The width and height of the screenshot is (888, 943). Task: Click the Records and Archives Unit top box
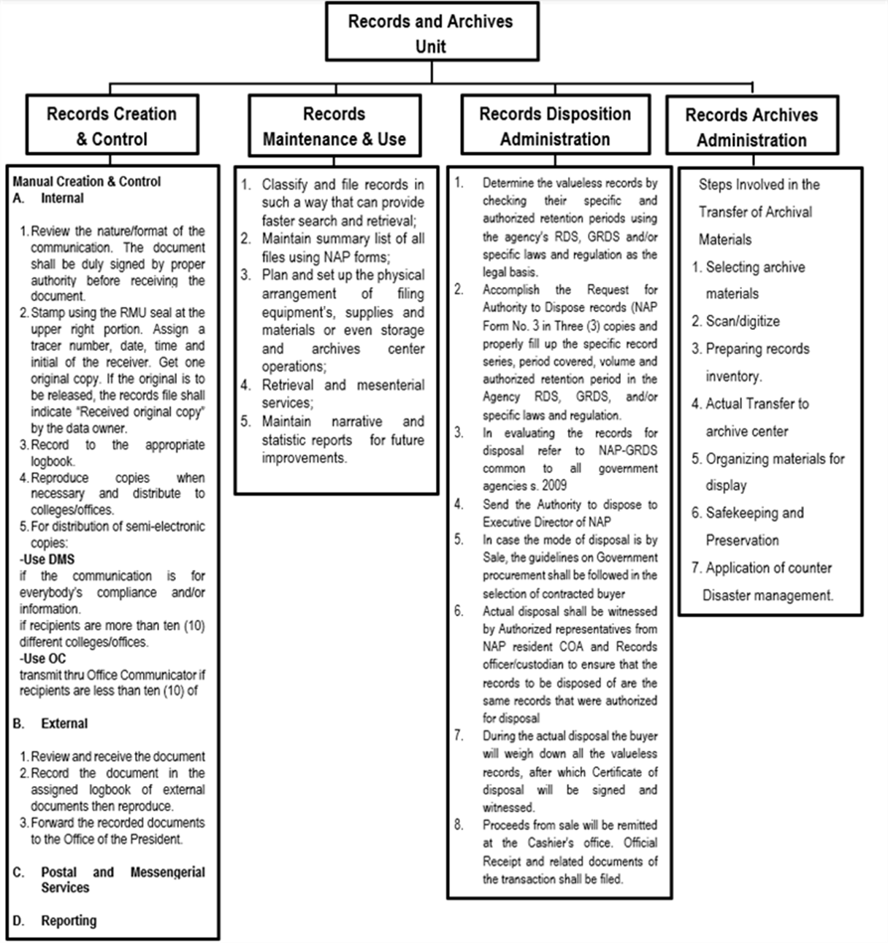[x=431, y=33]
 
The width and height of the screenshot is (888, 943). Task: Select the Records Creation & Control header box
[x=112, y=126]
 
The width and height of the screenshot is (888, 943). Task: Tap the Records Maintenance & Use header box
[x=334, y=126]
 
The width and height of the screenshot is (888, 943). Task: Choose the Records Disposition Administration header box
[x=555, y=126]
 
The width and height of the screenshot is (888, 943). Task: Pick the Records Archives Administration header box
[x=751, y=127]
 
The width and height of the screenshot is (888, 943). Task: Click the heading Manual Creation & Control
[x=86, y=182]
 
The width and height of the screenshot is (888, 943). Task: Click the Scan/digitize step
[x=742, y=321]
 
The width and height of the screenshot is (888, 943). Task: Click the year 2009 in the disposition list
[x=554, y=485]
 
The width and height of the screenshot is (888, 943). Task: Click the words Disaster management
[x=767, y=596]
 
